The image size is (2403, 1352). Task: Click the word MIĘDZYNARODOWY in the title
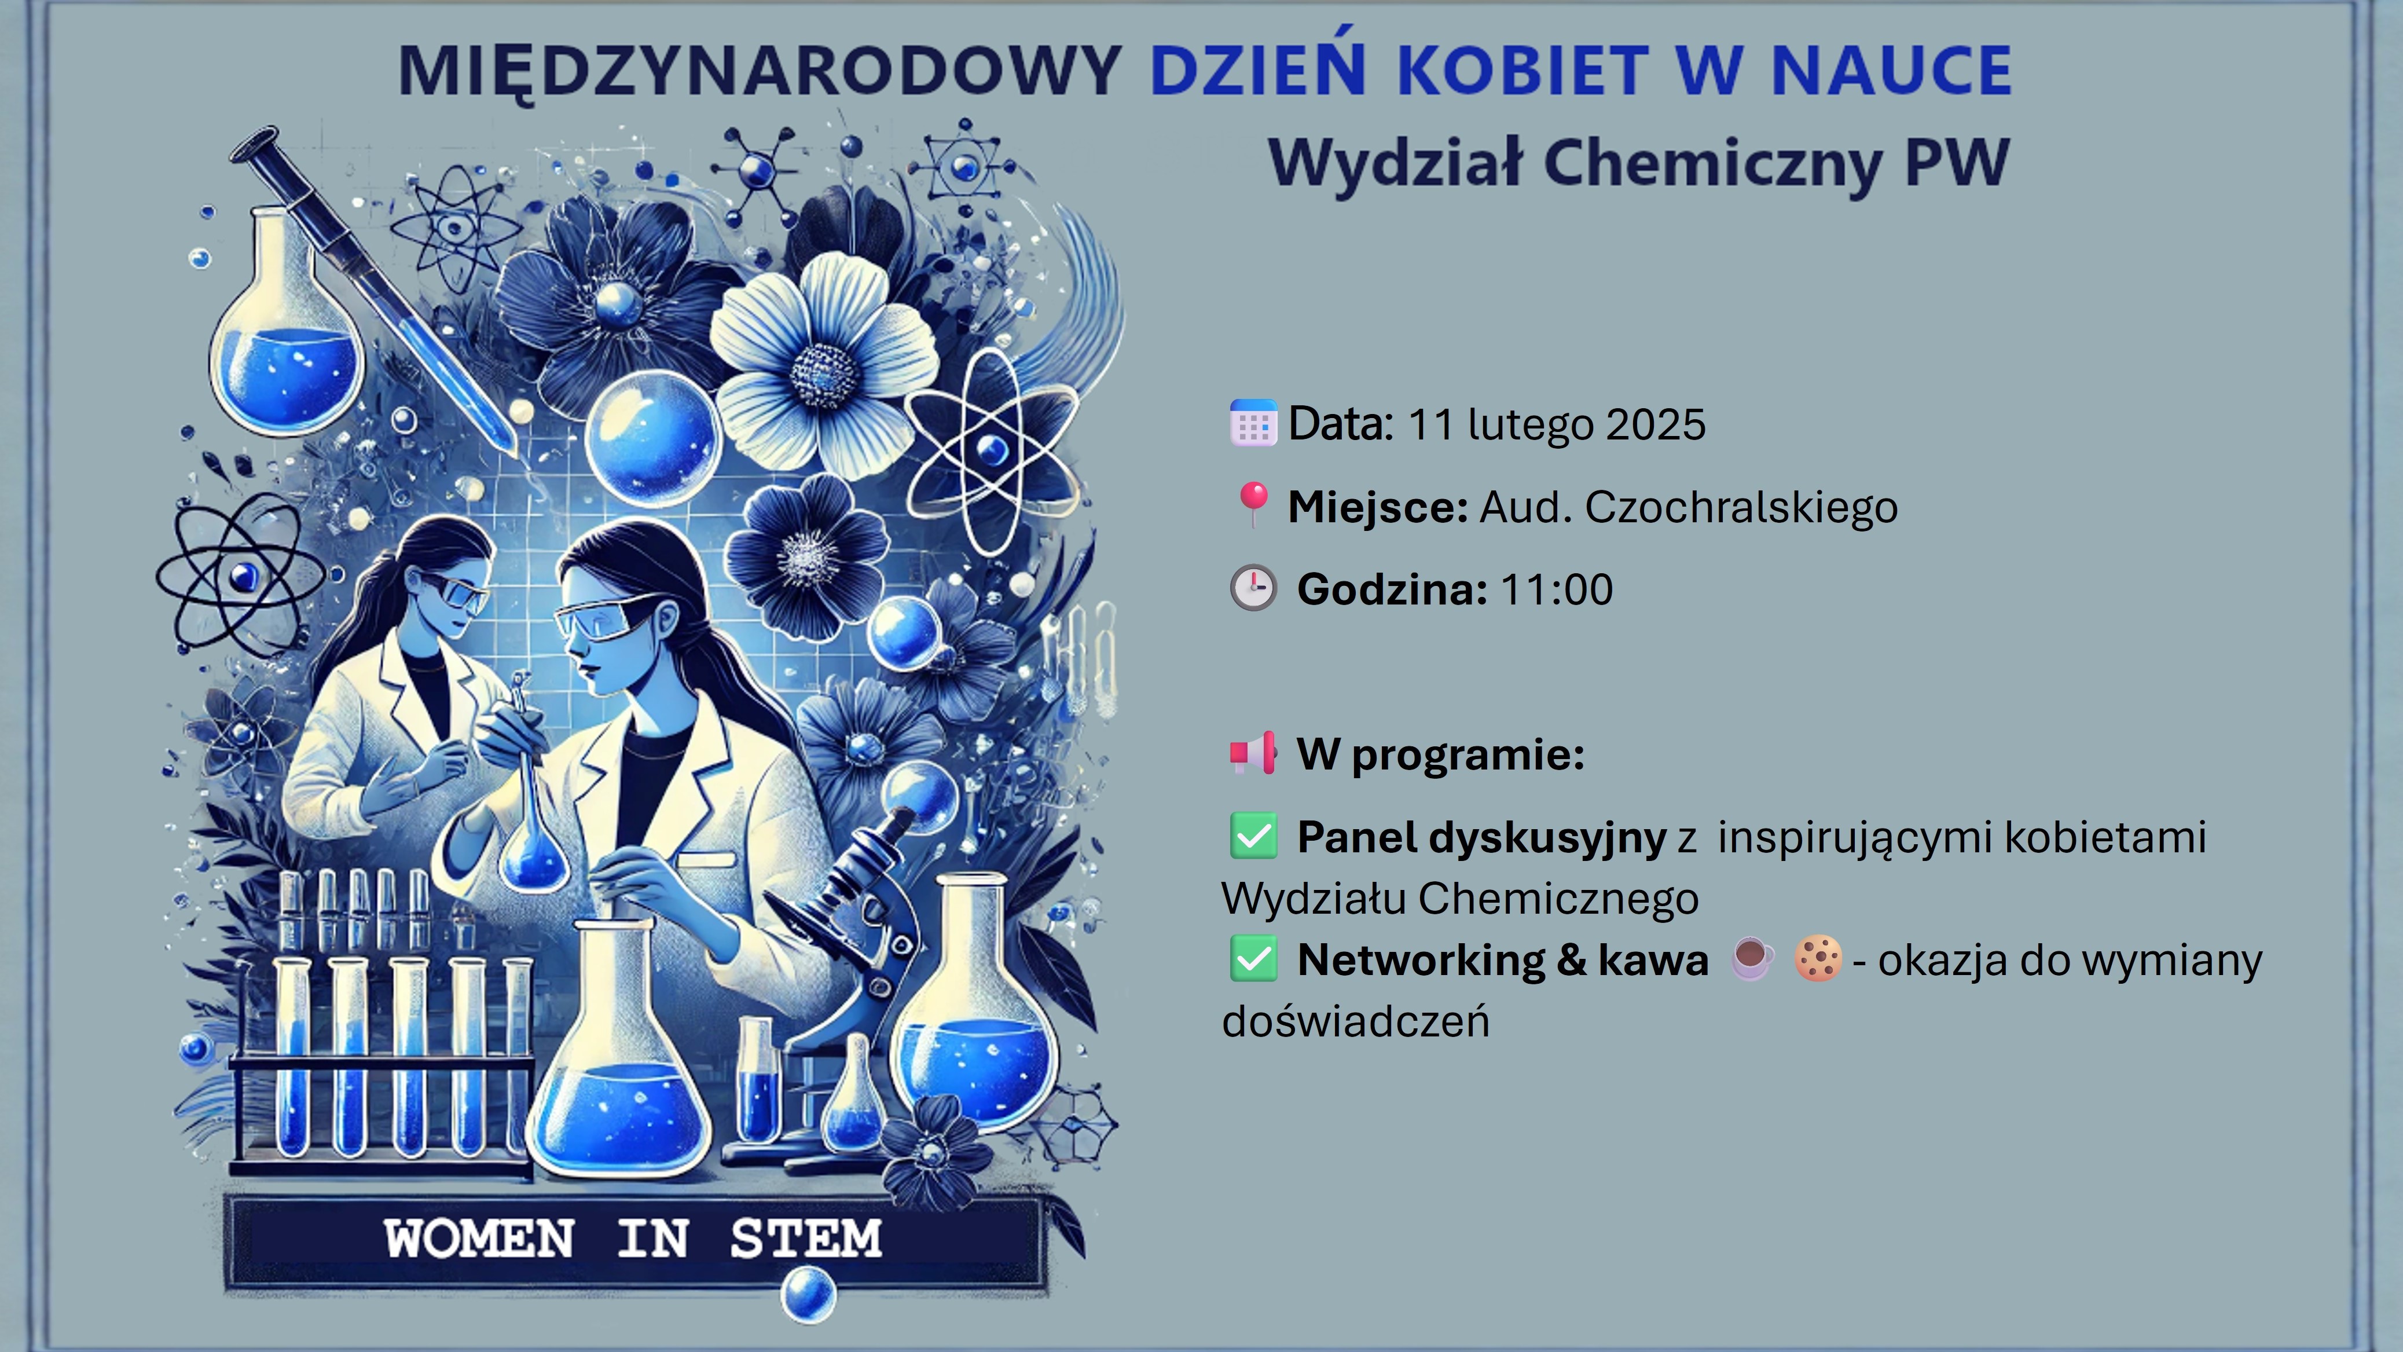tap(760, 71)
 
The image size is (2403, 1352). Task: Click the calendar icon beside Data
tap(1253, 423)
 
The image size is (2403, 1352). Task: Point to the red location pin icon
tap(1253, 504)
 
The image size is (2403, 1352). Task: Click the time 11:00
tap(1556, 589)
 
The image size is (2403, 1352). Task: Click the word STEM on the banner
tap(805, 1239)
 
